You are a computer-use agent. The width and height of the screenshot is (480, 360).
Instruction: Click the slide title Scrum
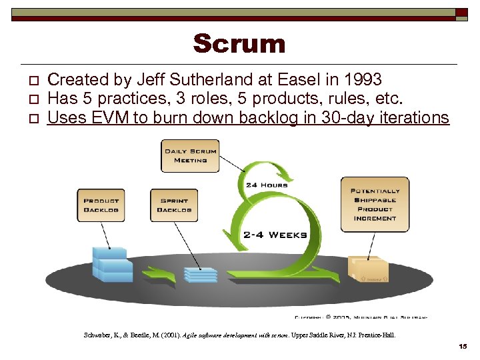(239, 44)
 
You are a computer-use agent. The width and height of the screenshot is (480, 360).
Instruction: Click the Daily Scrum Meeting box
(190, 155)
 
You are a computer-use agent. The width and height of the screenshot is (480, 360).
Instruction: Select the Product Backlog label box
(101, 205)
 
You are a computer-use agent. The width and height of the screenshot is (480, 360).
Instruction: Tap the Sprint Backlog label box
(174, 205)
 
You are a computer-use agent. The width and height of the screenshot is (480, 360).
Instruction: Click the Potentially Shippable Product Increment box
(375, 204)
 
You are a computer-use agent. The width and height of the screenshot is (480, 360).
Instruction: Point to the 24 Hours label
(267, 185)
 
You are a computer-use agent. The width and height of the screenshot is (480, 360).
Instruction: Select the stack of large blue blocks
(111, 265)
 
